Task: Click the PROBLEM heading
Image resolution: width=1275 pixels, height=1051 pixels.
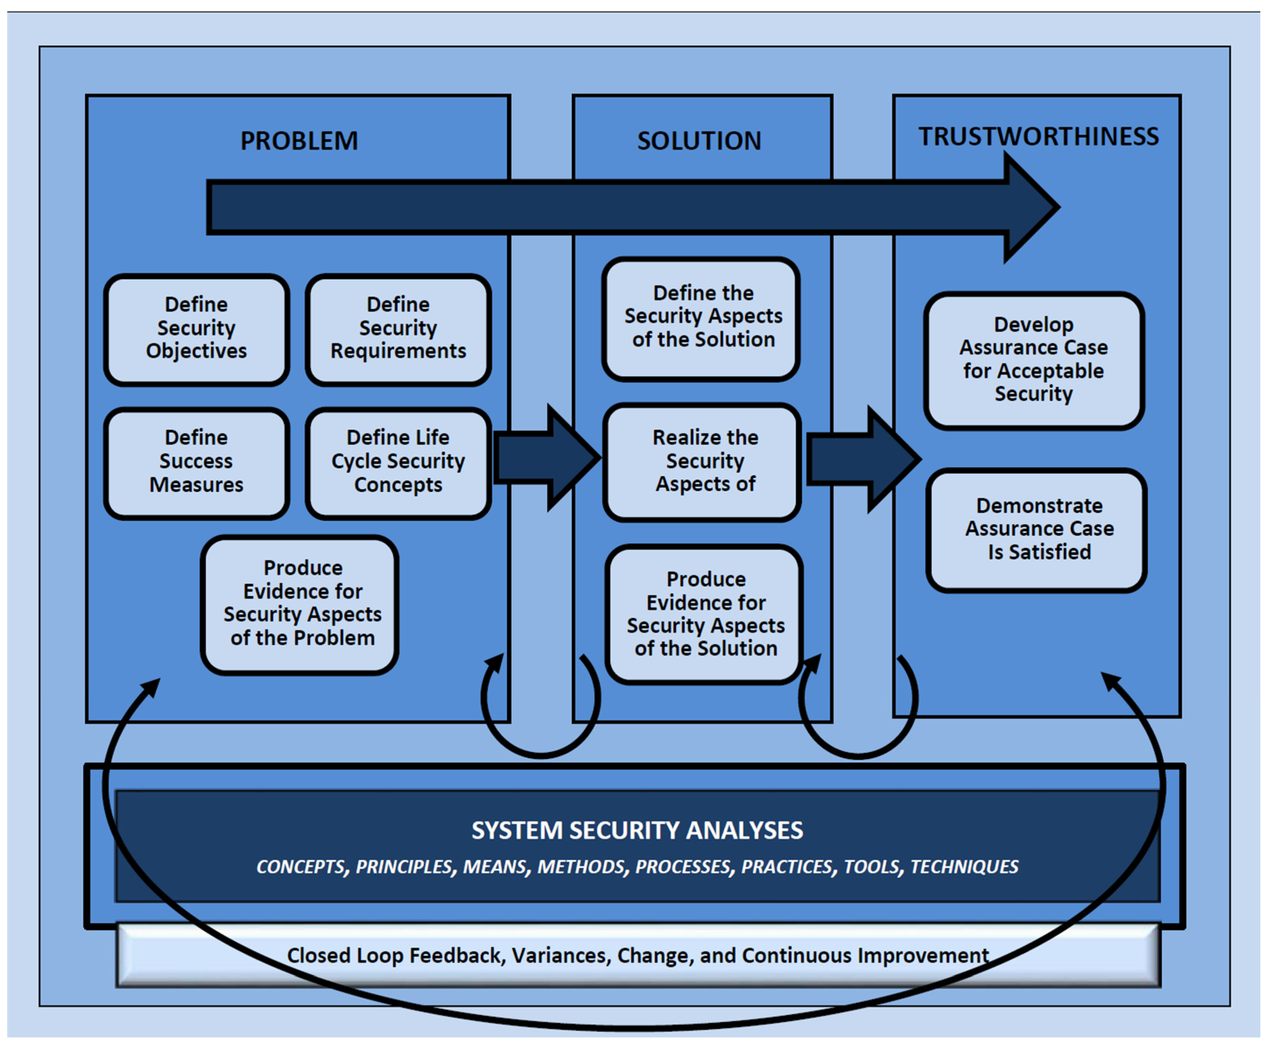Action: (299, 141)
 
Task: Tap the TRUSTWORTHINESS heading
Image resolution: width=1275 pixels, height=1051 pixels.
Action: (1039, 136)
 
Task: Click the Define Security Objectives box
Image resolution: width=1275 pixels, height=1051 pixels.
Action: (196, 330)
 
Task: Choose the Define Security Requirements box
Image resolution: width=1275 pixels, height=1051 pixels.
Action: (398, 330)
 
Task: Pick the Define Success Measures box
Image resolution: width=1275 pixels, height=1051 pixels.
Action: (196, 463)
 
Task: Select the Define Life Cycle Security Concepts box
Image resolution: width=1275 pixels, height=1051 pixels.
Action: (398, 463)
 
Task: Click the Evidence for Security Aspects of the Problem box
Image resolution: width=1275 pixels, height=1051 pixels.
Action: (300, 604)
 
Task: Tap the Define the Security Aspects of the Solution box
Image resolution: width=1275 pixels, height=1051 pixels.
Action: (701, 319)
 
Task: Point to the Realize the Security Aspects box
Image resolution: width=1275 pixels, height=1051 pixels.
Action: (702, 463)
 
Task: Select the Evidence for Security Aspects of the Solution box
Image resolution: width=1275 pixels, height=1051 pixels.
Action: (704, 614)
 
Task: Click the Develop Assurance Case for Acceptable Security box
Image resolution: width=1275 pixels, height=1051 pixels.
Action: (1034, 361)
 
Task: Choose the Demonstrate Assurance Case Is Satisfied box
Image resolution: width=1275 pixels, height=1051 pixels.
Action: (1037, 530)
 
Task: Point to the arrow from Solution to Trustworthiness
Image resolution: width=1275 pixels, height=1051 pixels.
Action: (864, 459)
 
